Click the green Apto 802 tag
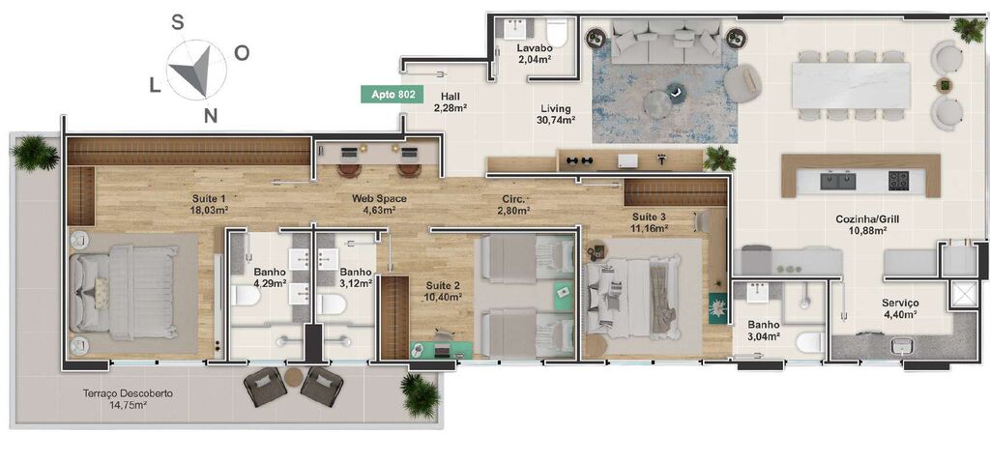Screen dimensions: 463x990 (393, 94)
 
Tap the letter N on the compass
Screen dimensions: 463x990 (210, 116)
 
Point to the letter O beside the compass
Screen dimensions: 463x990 (242, 52)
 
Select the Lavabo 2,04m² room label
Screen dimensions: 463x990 (534, 53)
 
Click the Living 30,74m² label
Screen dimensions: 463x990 (555, 114)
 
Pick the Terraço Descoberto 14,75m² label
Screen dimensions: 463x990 (127, 399)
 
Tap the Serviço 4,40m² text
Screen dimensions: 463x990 (899, 308)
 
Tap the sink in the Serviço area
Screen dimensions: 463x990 (902, 346)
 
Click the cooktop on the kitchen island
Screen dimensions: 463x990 (898, 179)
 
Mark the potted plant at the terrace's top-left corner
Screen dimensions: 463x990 (36, 152)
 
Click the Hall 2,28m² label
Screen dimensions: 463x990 (451, 102)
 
